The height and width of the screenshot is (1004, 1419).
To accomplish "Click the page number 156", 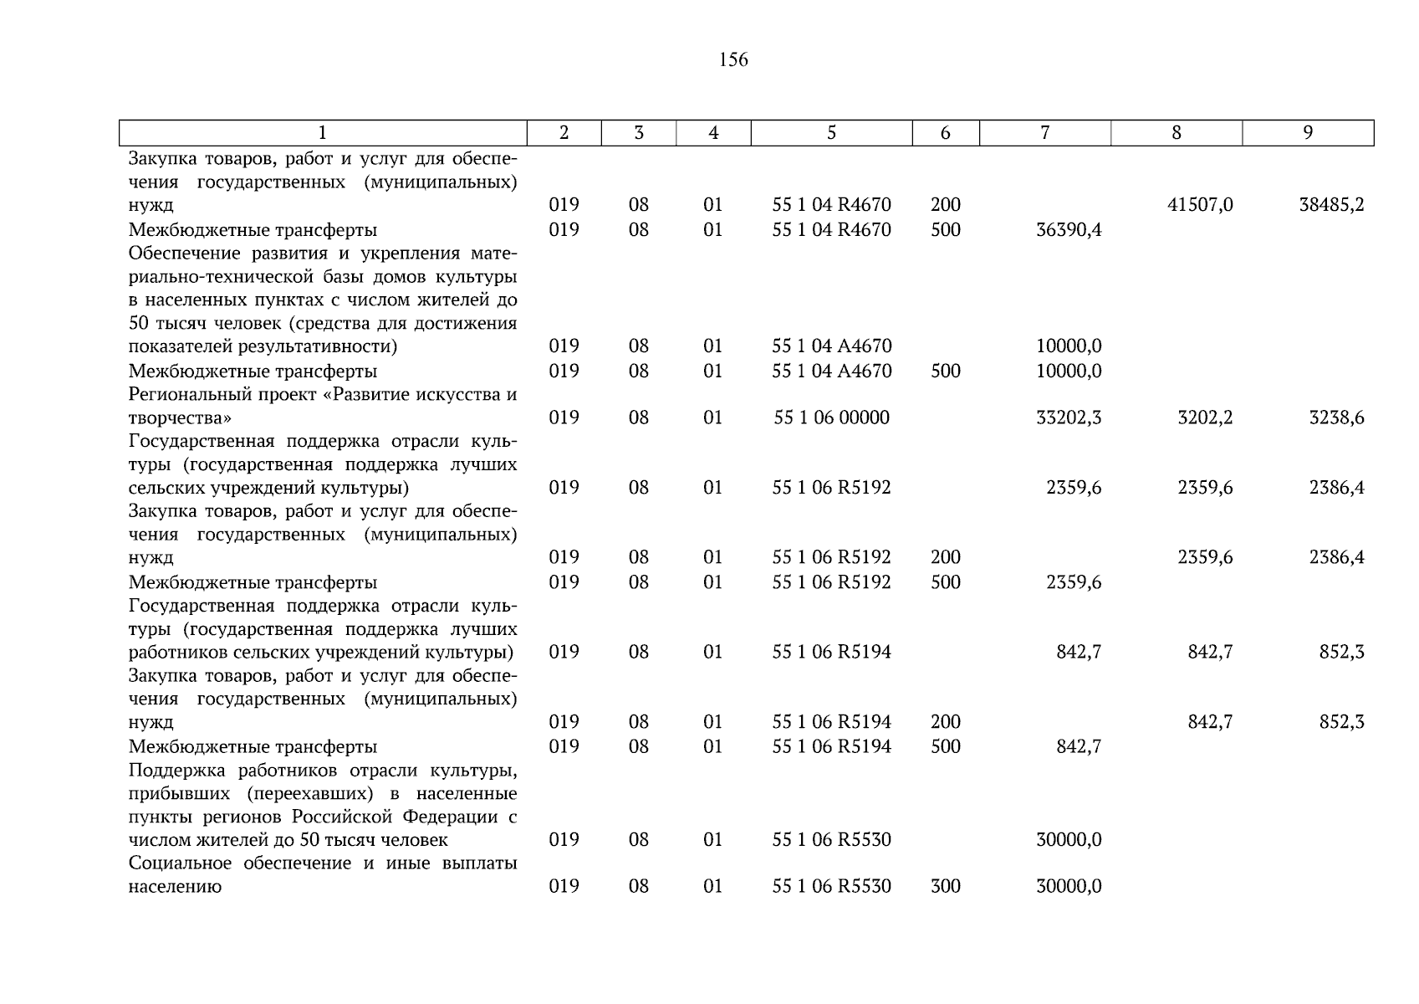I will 732,60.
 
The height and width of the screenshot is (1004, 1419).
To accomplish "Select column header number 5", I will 831,133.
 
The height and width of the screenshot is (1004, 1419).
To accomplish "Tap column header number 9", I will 1308,133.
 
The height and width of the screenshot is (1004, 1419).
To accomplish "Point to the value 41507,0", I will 1200,205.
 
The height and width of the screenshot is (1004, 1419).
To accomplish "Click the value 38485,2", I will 1331,205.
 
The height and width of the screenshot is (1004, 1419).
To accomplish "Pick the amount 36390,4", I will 1069,230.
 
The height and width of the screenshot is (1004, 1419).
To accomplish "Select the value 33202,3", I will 1069,417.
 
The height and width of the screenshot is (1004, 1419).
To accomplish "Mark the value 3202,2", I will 1205,417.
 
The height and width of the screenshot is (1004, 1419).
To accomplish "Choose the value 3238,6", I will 1336,417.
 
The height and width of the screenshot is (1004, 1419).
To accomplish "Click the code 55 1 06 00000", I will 831,417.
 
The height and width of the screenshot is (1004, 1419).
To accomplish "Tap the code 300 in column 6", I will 945,886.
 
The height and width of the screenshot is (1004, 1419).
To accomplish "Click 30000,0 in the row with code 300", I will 1069,886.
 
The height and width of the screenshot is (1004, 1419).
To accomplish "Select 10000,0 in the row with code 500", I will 1069,371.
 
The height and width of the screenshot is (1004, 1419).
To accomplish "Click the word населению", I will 175,886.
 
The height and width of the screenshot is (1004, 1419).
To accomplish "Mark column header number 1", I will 323,133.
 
